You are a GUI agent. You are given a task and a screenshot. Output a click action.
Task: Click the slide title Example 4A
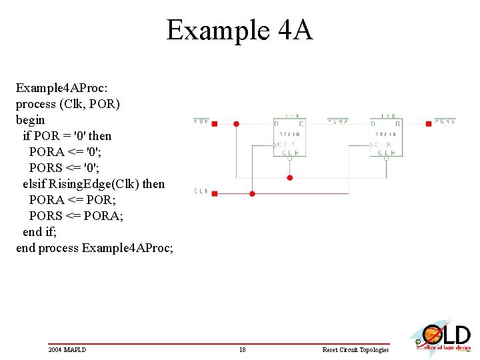coord(239,31)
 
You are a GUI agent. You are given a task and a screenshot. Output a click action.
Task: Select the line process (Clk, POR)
coord(68,104)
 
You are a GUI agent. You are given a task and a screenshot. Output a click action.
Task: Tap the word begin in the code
coord(31,120)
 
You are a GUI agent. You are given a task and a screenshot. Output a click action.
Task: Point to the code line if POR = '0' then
coord(67,136)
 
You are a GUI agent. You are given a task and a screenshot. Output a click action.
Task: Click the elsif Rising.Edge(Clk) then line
coord(93,183)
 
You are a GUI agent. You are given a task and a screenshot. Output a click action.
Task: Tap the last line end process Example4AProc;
coord(95,248)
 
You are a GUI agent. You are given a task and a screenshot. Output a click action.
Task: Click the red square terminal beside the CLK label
coord(215,193)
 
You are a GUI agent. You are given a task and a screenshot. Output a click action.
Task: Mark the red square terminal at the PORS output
coord(428,123)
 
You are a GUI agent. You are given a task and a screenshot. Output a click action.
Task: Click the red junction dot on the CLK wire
coord(252,193)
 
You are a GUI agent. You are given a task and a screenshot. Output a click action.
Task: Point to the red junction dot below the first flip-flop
coord(289,178)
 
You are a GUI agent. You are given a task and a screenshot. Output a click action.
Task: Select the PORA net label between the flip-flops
coord(338,121)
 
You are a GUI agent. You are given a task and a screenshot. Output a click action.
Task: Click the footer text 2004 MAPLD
coord(67,349)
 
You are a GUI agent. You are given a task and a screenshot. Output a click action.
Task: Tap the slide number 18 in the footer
coord(243,349)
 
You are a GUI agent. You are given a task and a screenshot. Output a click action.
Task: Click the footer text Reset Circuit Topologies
coord(355,349)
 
